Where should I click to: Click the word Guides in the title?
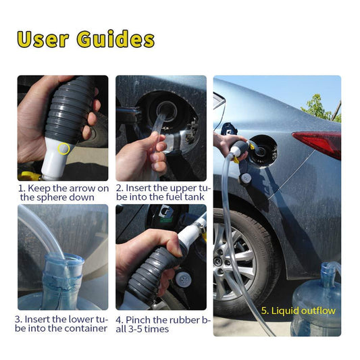coord(115,39)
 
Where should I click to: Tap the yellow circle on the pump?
coord(65,147)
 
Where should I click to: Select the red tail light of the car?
coord(317,143)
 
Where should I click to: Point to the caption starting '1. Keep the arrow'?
coord(63,192)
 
